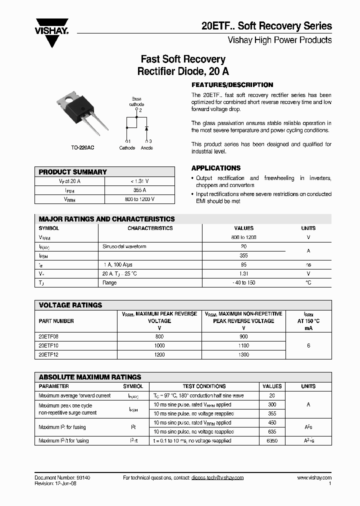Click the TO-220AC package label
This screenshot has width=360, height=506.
pyautogui.click(x=82, y=148)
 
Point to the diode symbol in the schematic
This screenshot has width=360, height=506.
pyautogui.click(x=146, y=128)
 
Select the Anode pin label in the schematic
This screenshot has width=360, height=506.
pyautogui.click(x=147, y=148)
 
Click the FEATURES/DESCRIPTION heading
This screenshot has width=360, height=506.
pyautogui.click(x=232, y=85)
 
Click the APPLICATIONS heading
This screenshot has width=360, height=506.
pyautogui.click(x=216, y=168)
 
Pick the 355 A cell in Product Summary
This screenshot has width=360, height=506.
pyautogui.click(x=140, y=190)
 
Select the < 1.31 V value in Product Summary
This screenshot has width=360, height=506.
pyautogui.click(x=140, y=181)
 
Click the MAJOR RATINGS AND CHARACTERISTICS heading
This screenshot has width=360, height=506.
pyautogui.click(x=107, y=219)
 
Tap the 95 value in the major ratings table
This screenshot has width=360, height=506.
pyautogui.click(x=243, y=264)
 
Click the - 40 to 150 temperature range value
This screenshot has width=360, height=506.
pyautogui.click(x=243, y=282)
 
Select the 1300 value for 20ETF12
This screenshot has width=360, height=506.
pyautogui.click(x=243, y=354)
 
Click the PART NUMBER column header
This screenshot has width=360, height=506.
pyautogui.click(x=56, y=321)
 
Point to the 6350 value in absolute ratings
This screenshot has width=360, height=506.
pyautogui.click(x=272, y=441)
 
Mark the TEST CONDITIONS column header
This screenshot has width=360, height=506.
pyautogui.click(x=204, y=386)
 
